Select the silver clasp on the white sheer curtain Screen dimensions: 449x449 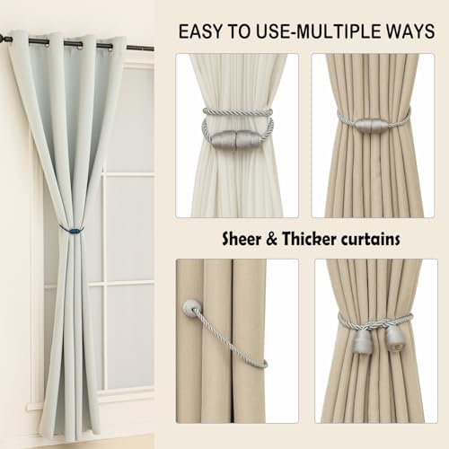(236, 139)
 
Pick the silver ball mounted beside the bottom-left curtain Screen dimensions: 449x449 (191, 308)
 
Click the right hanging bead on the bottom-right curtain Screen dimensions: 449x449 (394, 339)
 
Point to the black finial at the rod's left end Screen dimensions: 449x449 (4, 38)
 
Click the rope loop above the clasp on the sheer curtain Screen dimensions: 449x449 (237, 112)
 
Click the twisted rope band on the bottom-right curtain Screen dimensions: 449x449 (377, 318)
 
